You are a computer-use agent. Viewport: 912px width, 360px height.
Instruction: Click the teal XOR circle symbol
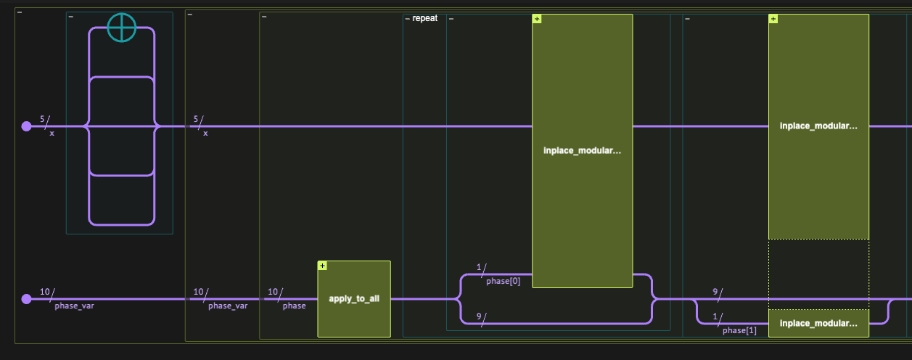tap(121, 28)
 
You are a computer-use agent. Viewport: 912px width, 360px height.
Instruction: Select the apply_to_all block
tap(354, 299)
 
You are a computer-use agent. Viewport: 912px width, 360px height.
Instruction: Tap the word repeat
tap(424, 17)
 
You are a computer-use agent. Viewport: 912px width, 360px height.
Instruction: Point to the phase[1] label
tap(739, 330)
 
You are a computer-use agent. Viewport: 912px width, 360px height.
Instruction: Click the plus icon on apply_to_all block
tap(322, 266)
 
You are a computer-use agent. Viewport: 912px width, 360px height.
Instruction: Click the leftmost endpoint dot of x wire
tap(27, 126)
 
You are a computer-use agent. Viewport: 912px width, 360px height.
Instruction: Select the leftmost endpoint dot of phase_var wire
tap(27, 299)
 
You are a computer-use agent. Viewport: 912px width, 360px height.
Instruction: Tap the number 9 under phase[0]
tap(480, 316)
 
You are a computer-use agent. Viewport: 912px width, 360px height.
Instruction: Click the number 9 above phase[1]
tap(715, 292)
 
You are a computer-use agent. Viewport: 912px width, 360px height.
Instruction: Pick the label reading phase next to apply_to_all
tap(294, 306)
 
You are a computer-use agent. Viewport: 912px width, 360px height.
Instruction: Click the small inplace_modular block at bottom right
tap(818, 323)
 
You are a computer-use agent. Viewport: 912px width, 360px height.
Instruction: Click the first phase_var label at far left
tap(74, 306)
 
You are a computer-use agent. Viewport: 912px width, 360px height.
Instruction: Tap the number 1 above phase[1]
tap(715, 316)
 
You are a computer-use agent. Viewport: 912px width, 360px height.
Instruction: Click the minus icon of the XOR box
tap(70, 17)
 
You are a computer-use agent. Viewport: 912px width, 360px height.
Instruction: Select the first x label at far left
tap(52, 134)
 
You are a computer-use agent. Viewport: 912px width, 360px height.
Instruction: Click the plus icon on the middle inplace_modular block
tap(537, 19)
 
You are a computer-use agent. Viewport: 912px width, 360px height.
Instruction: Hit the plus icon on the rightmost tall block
tap(773, 19)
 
